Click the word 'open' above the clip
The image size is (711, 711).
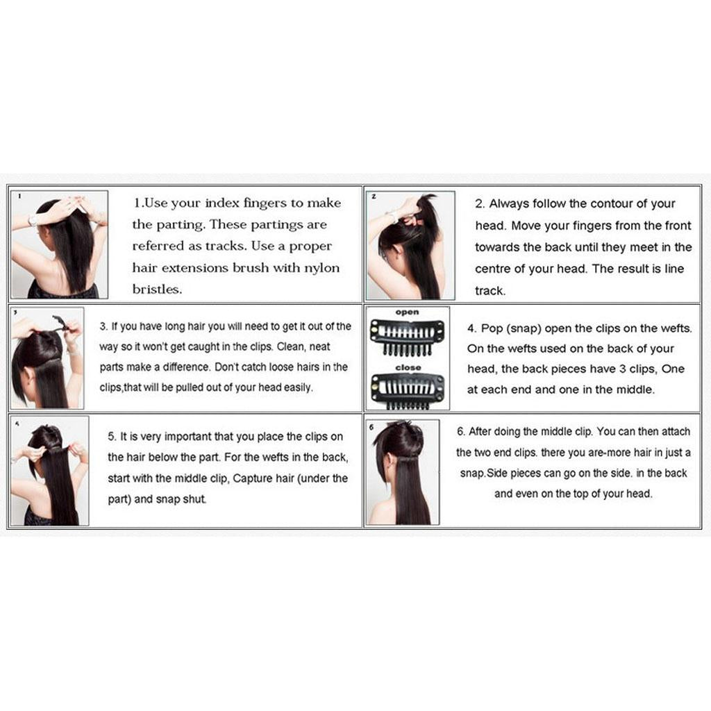click(407, 312)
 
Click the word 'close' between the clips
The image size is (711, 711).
click(408, 367)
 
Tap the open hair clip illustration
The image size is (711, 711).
click(407, 336)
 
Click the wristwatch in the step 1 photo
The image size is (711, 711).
click(32, 220)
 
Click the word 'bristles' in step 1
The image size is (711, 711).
click(156, 290)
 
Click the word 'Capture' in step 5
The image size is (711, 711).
click(253, 478)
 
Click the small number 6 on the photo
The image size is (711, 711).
click(371, 427)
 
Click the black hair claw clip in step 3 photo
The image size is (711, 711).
click(62, 322)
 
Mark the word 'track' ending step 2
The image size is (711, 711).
click(490, 291)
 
